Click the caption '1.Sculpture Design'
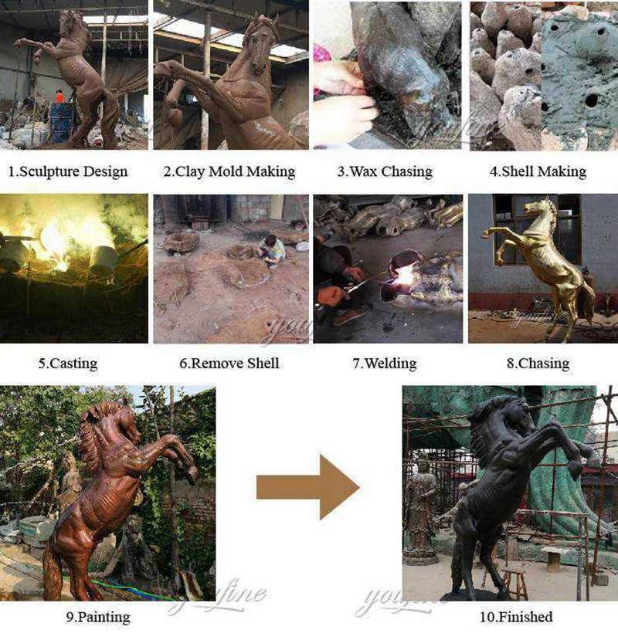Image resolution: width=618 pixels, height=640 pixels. click(68, 171)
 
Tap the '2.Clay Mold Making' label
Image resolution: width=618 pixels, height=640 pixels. click(229, 171)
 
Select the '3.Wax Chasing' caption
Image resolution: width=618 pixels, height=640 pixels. click(385, 171)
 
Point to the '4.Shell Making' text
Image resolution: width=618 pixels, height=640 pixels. click(538, 171)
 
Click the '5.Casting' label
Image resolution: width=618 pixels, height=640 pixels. click(68, 364)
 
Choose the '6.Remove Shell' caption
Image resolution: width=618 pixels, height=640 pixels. click(229, 364)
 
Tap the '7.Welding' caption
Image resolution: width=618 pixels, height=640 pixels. click(385, 364)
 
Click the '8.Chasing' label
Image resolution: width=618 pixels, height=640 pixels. click(538, 364)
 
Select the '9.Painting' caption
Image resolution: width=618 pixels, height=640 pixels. click(98, 617)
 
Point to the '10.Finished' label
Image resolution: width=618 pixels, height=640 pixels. click(516, 617)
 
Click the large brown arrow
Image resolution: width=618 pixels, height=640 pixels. click(308, 487)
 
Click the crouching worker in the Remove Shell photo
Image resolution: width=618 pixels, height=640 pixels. click(270, 250)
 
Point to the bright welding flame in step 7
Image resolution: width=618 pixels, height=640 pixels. click(406, 276)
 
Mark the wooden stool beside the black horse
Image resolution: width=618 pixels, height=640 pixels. click(514, 584)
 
